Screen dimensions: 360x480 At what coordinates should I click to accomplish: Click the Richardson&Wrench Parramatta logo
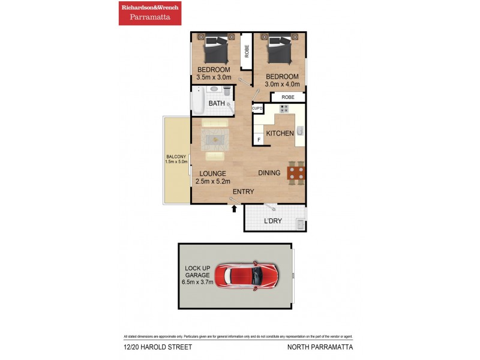[149, 13]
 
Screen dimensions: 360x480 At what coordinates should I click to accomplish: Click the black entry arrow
[234, 209]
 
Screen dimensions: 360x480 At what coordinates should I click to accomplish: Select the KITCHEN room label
[280, 133]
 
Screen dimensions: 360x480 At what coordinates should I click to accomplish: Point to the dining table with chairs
[296, 173]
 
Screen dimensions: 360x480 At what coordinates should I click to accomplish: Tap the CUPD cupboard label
[257, 109]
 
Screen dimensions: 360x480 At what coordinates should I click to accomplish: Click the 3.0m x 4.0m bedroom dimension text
[282, 85]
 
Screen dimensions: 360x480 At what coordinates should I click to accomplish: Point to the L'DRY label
[273, 221]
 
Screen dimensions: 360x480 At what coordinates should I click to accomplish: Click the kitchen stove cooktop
[284, 109]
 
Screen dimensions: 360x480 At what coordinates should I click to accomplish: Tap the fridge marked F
[259, 140]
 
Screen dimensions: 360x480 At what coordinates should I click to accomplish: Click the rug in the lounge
[214, 139]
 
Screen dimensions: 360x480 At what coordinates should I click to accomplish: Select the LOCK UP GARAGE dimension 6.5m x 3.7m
[197, 282]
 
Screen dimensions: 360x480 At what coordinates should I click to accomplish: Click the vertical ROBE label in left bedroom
[246, 52]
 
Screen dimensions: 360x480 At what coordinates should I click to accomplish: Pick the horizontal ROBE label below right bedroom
[287, 97]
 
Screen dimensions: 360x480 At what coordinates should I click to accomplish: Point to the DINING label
[269, 173]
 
